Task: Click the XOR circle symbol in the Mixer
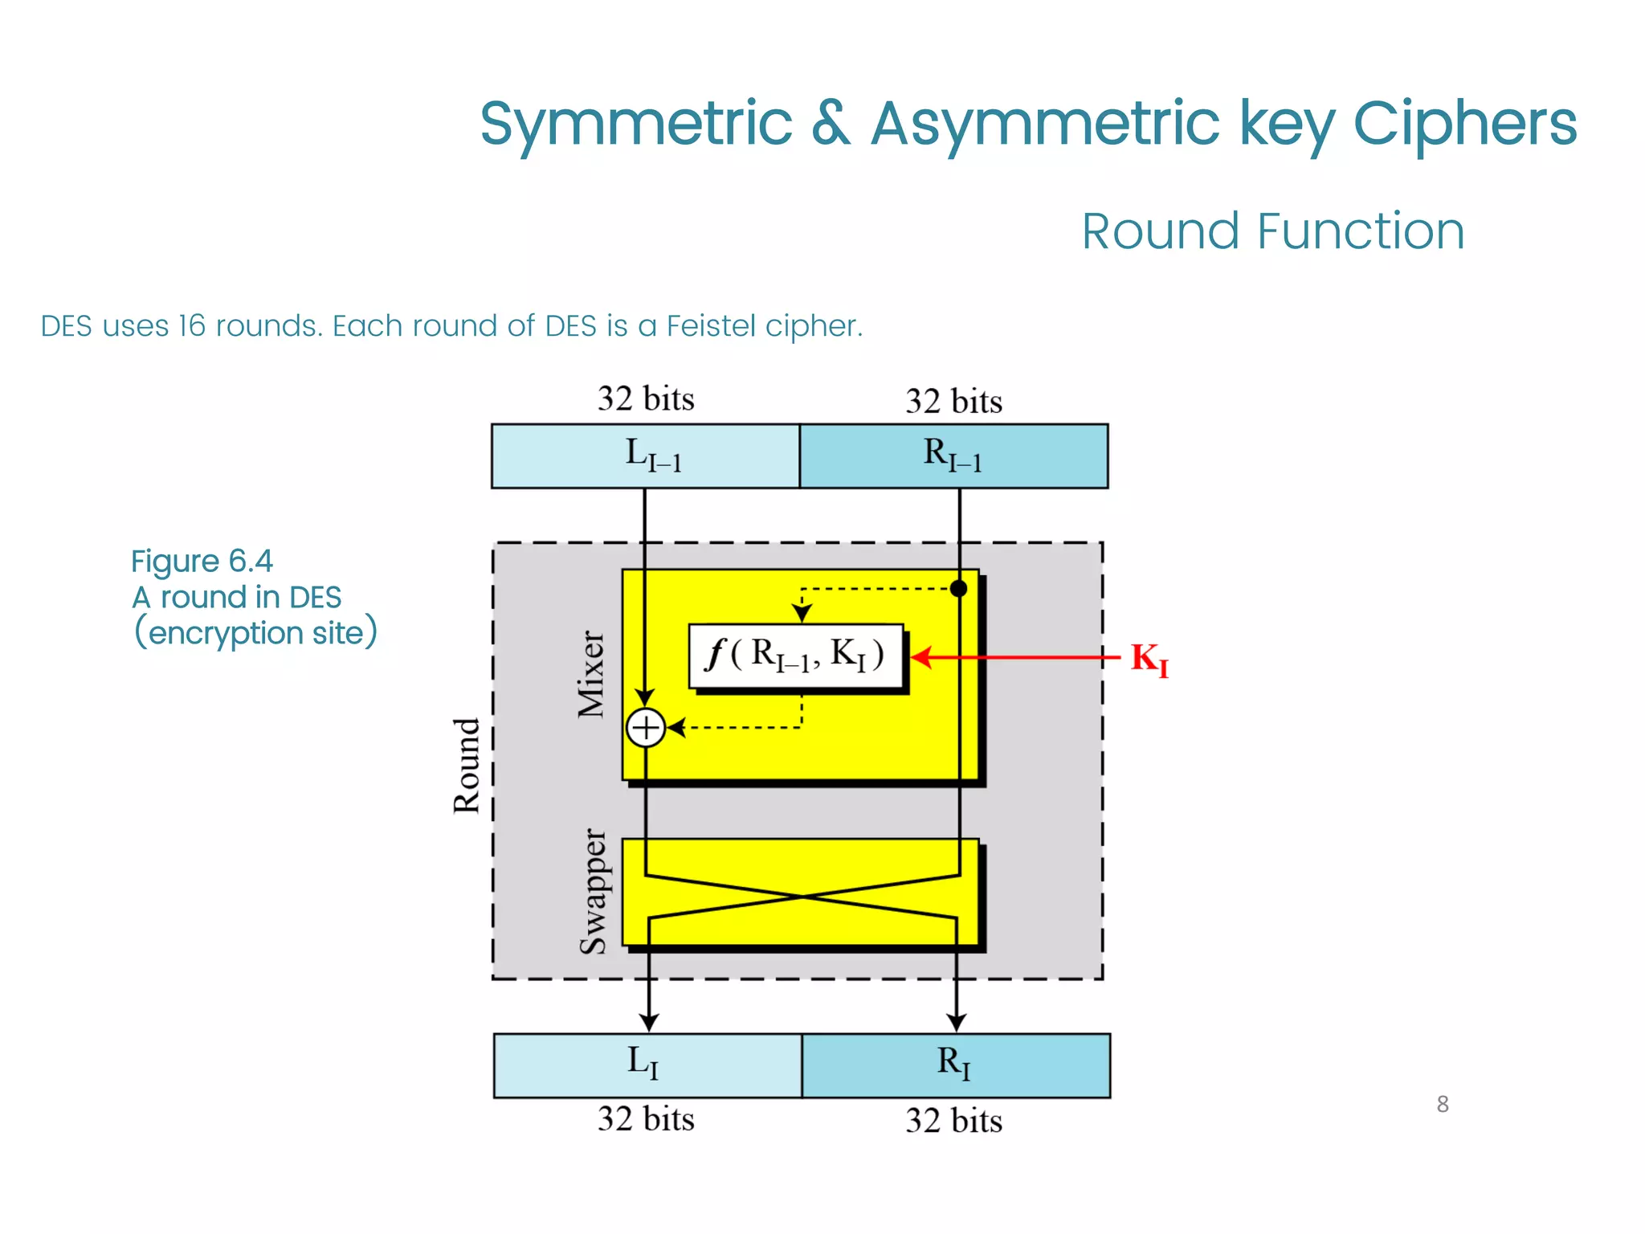pos(646,728)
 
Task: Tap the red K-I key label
pos(1149,660)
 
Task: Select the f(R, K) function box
pos(797,656)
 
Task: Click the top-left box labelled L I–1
pos(646,456)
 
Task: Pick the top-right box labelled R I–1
pos(953,456)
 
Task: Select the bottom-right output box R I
pos(956,1064)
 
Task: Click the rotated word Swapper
pos(594,892)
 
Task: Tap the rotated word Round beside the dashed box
pos(467,766)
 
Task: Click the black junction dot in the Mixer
pos(958,589)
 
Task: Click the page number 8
pos(1443,1104)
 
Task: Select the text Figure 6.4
pos(202,561)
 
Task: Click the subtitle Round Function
pos(1273,231)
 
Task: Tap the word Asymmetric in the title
pos(1045,124)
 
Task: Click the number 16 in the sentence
pos(193,326)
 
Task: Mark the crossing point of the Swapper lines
pos(802,896)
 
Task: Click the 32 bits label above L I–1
pos(646,398)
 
